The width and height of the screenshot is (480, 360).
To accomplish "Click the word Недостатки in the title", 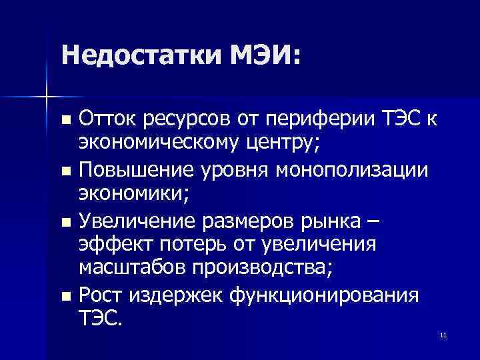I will (139, 54).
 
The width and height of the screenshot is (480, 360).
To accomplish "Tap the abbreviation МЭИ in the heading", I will (261, 54).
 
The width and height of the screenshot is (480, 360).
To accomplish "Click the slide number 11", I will (443, 335).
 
